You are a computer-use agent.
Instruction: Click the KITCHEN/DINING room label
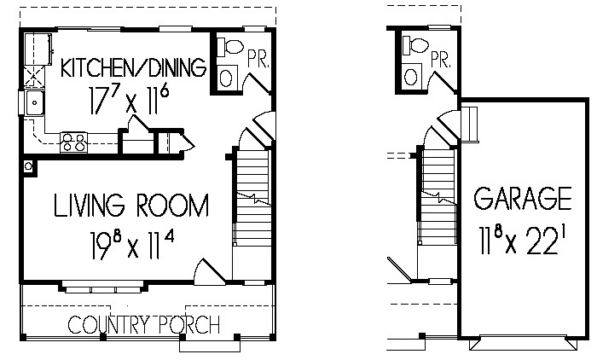(x=134, y=67)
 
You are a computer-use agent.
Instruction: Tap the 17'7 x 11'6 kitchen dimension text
(x=129, y=100)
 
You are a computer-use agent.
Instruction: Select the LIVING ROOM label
(x=131, y=205)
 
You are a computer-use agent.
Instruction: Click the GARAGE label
(x=523, y=198)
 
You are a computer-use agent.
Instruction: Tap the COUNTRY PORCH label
(x=144, y=325)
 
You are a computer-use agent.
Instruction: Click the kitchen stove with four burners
(x=73, y=143)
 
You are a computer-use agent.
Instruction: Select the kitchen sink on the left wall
(x=35, y=103)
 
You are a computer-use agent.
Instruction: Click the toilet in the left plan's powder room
(x=230, y=46)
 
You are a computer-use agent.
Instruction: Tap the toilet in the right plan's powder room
(x=415, y=45)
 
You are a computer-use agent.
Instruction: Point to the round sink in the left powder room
(x=227, y=78)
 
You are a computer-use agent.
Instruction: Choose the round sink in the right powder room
(x=411, y=76)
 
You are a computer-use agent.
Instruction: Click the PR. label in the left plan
(x=258, y=59)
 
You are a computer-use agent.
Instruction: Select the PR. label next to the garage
(x=442, y=59)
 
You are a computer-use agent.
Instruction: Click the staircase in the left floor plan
(x=252, y=198)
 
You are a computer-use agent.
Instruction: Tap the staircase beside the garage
(x=437, y=196)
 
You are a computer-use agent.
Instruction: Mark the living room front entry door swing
(x=209, y=272)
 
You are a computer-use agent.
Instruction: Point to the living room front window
(x=102, y=288)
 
